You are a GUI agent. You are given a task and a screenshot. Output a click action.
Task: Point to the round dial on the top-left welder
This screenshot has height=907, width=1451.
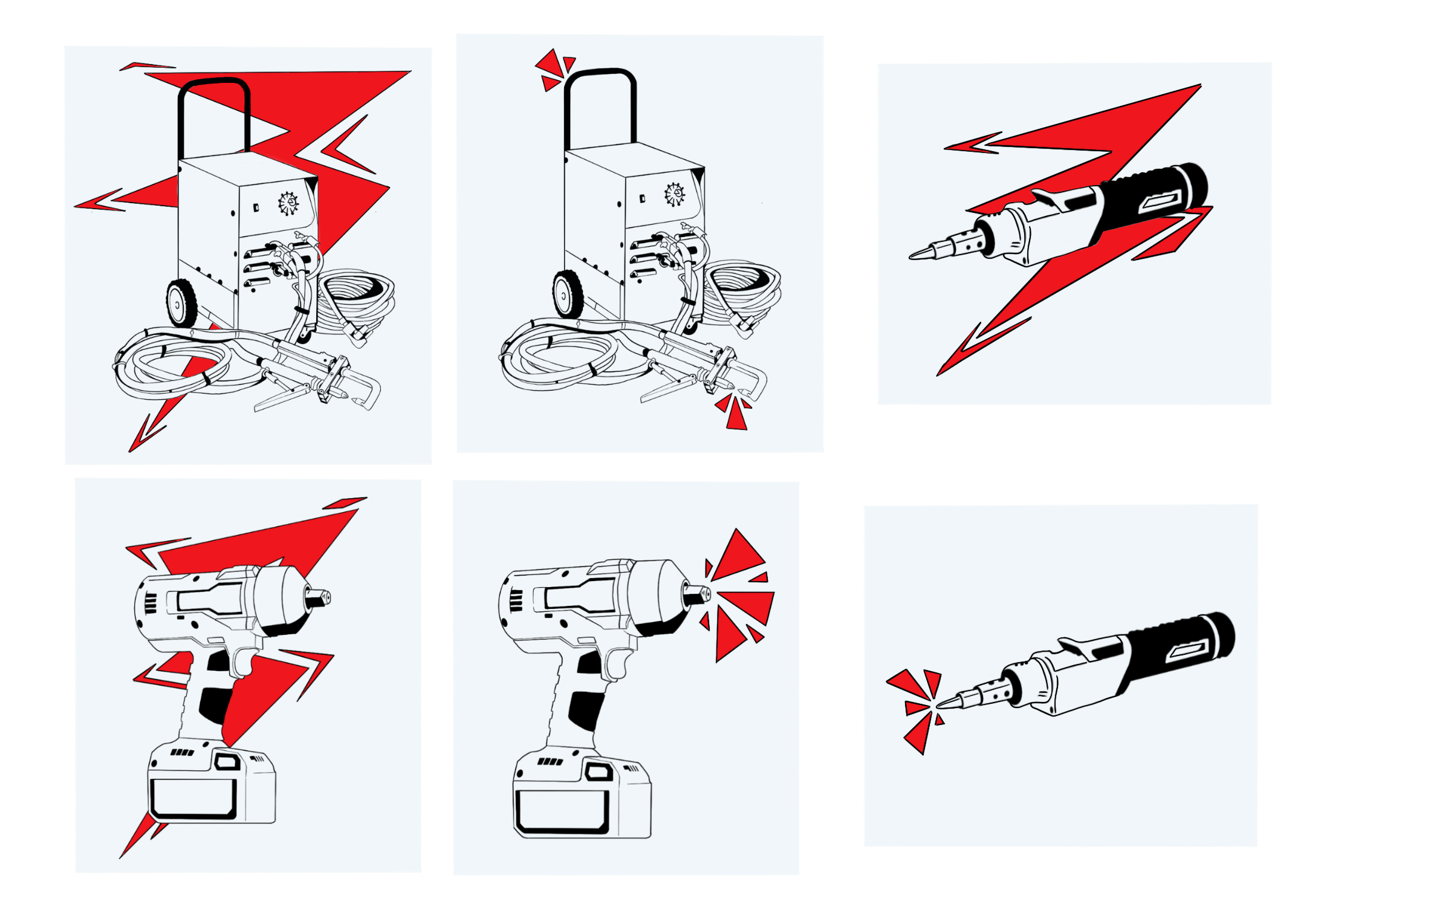tap(289, 203)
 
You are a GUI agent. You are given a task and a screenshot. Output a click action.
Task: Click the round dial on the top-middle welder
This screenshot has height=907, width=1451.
tap(675, 195)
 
